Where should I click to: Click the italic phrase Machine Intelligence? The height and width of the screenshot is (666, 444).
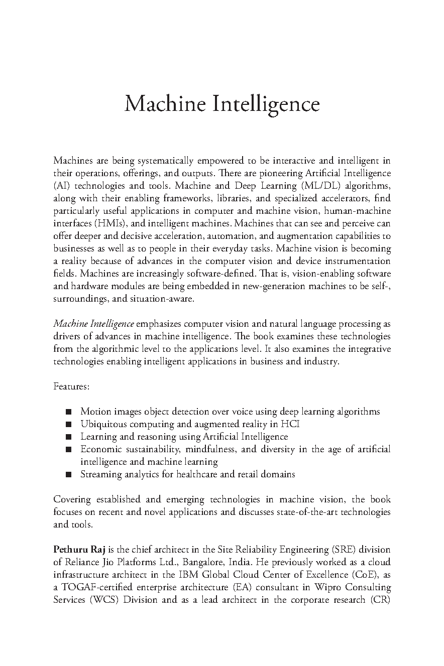click(x=93, y=324)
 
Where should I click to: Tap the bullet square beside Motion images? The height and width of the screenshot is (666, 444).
click(x=68, y=412)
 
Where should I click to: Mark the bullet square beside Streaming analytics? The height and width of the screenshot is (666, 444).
click(x=68, y=475)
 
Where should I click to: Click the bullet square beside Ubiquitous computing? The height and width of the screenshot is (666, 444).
click(x=68, y=425)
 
